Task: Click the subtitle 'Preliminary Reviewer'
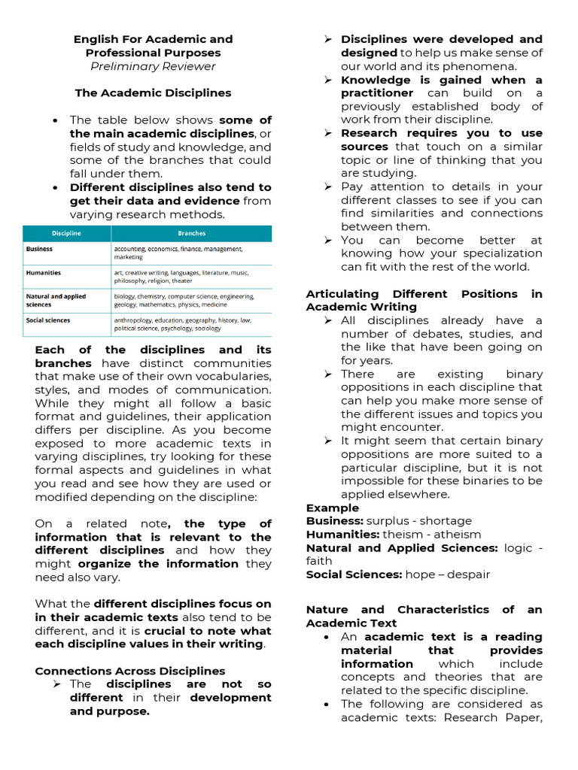click(x=153, y=66)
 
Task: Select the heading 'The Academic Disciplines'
click(x=153, y=93)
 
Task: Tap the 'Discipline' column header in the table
click(x=66, y=234)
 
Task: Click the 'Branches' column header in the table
click(x=191, y=234)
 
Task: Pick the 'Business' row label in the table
click(x=39, y=248)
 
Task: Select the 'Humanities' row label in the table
click(x=44, y=273)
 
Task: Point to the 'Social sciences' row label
click(x=48, y=320)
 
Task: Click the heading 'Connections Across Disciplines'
click(x=129, y=671)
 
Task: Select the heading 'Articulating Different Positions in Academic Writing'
click(x=424, y=300)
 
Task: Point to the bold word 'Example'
click(x=332, y=508)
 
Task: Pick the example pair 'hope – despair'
click(x=447, y=574)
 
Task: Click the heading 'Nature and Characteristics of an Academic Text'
click(x=424, y=616)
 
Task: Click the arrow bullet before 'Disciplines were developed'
click(x=328, y=39)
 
